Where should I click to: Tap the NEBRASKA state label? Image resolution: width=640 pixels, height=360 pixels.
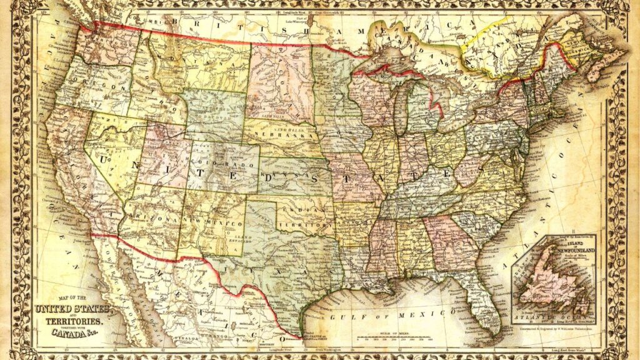click(287, 134)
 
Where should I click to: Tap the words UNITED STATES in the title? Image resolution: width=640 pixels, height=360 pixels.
click(72, 309)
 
